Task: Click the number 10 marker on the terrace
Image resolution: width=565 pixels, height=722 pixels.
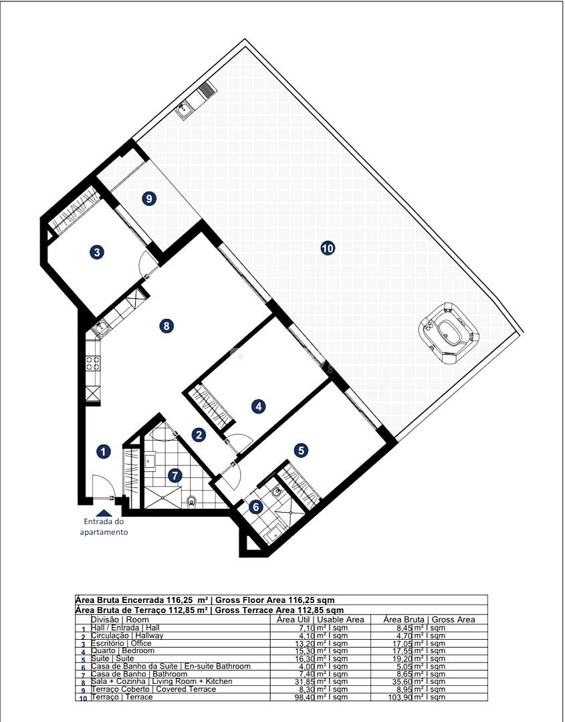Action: tap(328, 249)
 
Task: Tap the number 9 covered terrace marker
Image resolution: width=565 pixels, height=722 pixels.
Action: tap(148, 199)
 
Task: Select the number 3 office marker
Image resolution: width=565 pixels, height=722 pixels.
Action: tap(97, 252)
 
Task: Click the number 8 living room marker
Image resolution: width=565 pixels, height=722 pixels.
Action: tap(166, 326)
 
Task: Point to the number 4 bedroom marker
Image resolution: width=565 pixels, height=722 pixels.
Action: tap(259, 406)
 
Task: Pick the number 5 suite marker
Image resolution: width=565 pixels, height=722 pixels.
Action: tap(301, 451)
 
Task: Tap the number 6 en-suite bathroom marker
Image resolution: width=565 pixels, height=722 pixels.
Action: tap(256, 507)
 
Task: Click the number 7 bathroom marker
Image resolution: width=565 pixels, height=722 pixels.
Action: tap(175, 475)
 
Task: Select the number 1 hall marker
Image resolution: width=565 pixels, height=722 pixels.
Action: tap(104, 452)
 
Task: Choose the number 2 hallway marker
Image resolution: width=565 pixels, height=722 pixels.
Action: tap(199, 435)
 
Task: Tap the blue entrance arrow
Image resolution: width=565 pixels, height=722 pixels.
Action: tap(104, 513)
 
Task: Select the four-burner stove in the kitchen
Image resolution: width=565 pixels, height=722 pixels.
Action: tap(92, 363)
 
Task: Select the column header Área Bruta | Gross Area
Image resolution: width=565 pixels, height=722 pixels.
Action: tap(429, 620)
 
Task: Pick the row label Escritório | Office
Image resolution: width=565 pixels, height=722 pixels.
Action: tap(121, 643)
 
